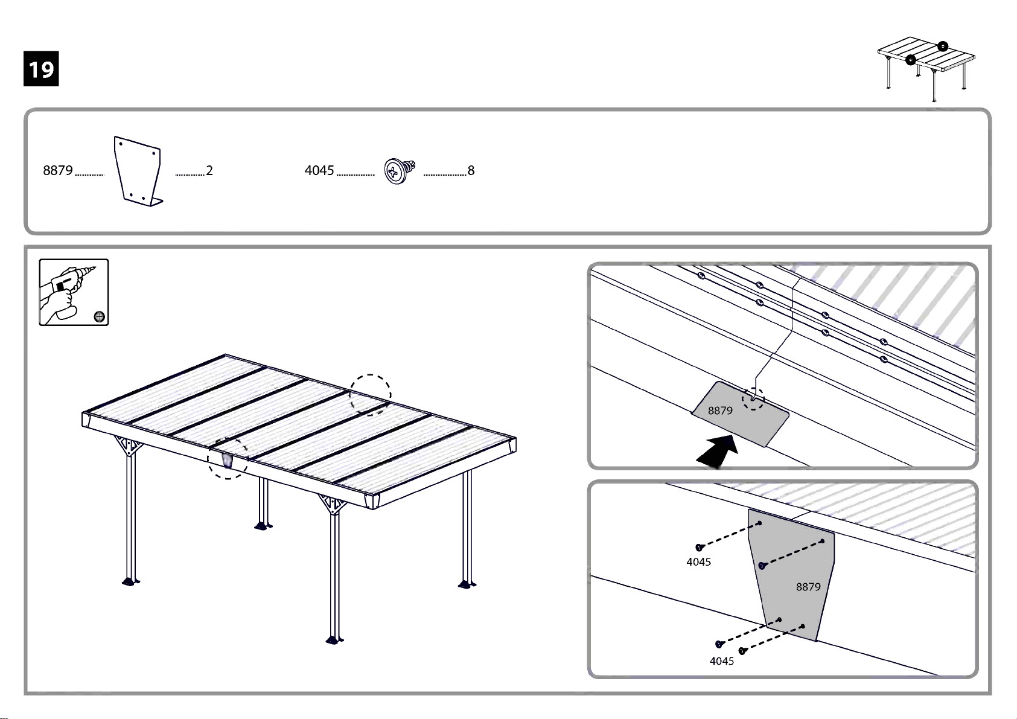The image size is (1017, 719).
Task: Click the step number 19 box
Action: pyautogui.click(x=41, y=69)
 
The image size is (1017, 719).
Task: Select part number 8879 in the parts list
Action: pyautogui.click(x=58, y=170)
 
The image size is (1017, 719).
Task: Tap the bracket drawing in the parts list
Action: pyautogui.click(x=138, y=171)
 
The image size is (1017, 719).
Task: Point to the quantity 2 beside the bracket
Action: pyautogui.click(x=209, y=170)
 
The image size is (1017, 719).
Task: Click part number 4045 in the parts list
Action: pyautogui.click(x=319, y=170)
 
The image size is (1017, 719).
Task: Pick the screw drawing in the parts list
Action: pyautogui.click(x=400, y=171)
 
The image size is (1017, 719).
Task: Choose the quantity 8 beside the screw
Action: pyautogui.click(x=471, y=170)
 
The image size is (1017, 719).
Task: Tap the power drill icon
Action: pyautogui.click(x=74, y=293)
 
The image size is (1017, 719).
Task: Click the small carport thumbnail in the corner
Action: pyautogui.click(x=926, y=69)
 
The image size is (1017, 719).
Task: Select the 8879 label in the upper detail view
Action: pyautogui.click(x=720, y=411)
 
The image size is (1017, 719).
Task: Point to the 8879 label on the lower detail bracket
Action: pyautogui.click(x=808, y=587)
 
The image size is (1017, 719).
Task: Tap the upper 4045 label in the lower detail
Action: pyautogui.click(x=699, y=562)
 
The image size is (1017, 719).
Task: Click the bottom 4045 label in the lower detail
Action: pyautogui.click(x=722, y=661)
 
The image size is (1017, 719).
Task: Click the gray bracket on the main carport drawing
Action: pyautogui.click(x=227, y=461)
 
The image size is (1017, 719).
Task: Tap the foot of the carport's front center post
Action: pyautogui.click(x=335, y=641)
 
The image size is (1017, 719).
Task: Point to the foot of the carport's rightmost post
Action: pyautogui.click(x=467, y=584)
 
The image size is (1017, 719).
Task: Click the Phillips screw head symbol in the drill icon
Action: pyautogui.click(x=99, y=316)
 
